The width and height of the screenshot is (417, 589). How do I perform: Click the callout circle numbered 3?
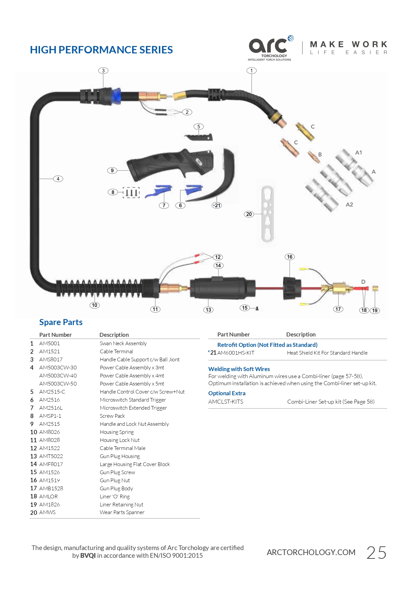(103, 71)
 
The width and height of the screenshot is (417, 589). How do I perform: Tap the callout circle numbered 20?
(249, 214)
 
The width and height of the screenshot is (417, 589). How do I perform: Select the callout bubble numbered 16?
(290, 257)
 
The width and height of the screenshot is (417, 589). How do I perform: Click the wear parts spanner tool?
(267, 214)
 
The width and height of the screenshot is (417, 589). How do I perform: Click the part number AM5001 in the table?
(49, 344)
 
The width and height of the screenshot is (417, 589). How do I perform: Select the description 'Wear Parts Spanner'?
(122, 512)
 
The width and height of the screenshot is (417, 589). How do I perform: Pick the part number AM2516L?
(51, 408)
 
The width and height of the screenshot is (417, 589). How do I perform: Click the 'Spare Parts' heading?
(61, 322)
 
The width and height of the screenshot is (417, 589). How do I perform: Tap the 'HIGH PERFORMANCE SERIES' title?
(101, 50)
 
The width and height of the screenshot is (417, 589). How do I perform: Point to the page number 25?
(376, 553)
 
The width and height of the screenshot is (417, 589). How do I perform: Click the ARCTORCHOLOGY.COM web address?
(311, 552)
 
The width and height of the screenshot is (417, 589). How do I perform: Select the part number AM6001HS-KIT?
(236, 353)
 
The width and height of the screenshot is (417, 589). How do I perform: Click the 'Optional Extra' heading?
(227, 393)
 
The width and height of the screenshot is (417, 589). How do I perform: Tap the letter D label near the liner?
(363, 282)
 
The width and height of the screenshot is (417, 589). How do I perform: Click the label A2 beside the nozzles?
(349, 205)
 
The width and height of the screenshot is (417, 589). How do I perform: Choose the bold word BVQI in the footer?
(88, 556)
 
